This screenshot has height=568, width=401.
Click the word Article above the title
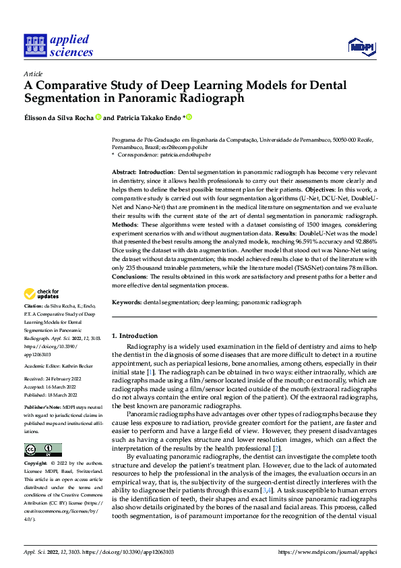(33, 74)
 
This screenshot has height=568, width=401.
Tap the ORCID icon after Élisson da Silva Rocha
(98, 117)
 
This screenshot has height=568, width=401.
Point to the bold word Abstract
(124, 173)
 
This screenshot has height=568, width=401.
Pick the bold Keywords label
(126, 303)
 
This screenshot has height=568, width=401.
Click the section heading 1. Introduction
(134, 336)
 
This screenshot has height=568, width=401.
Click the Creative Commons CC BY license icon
(43, 449)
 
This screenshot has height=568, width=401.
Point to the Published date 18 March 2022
(61, 395)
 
